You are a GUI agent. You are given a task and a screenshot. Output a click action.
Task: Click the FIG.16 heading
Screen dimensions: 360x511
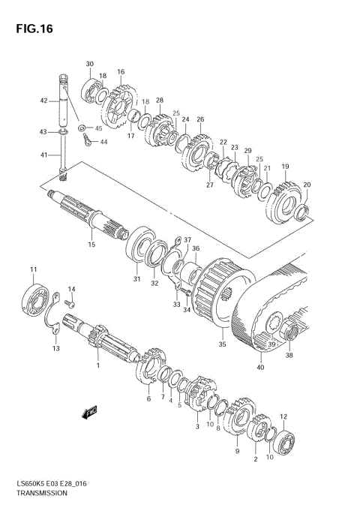pos(34,29)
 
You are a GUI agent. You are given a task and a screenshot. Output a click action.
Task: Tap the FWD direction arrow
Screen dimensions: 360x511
pos(89,412)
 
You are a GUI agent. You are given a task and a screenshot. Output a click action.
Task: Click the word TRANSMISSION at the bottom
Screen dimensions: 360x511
pos(42,493)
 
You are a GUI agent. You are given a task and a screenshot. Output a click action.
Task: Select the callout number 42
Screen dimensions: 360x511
pos(44,101)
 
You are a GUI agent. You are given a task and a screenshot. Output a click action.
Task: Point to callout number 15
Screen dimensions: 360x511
pos(91,244)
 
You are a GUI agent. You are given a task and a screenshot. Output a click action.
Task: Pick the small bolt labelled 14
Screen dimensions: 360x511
pos(70,304)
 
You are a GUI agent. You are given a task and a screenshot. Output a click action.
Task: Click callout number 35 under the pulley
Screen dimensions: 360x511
pos(222,344)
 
